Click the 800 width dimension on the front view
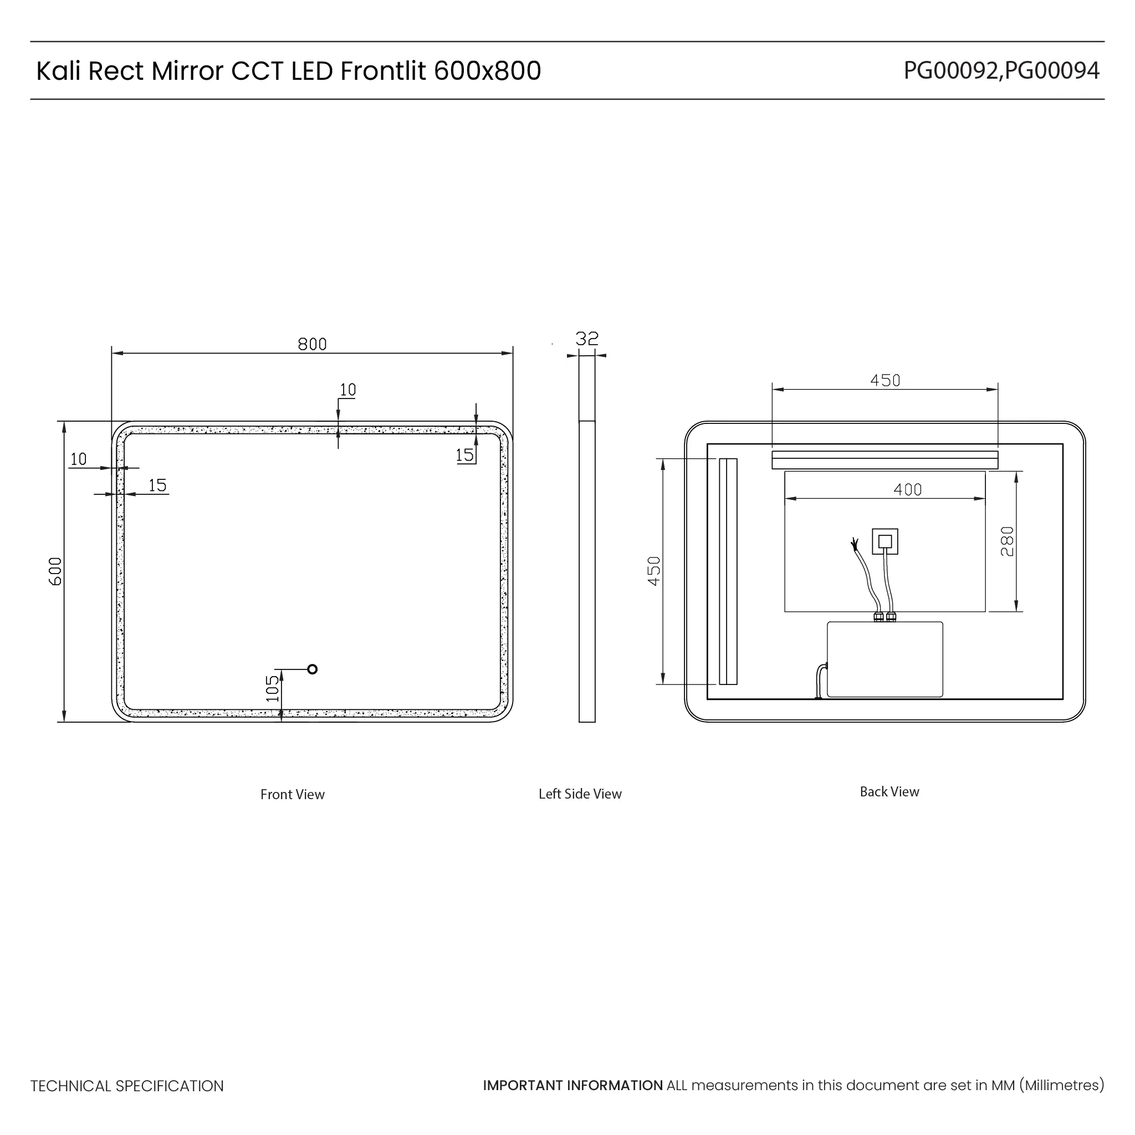[312, 344]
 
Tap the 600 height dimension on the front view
[55, 571]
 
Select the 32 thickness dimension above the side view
[587, 339]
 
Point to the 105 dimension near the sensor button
[273, 688]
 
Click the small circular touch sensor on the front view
[313, 669]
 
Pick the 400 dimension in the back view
[908, 489]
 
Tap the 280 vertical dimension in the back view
[1007, 541]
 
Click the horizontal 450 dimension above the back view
[885, 381]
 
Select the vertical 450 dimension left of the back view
[655, 571]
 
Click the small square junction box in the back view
[885, 541]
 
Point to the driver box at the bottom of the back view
[885, 659]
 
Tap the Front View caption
[293, 794]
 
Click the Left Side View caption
[580, 794]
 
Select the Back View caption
[889, 792]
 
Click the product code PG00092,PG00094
[1001, 70]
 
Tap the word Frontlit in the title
[383, 70]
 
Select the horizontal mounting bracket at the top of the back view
[885, 460]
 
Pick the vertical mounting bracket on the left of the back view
[728, 571]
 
